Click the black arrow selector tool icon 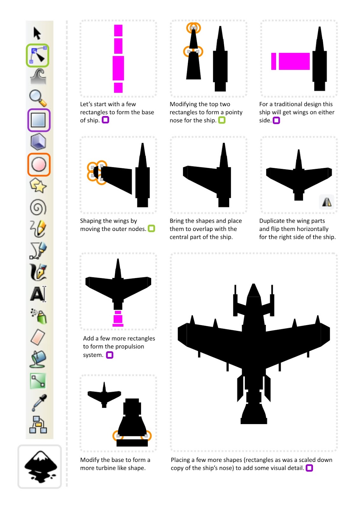click(37, 33)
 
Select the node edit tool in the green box click(38, 55)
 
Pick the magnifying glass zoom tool click(38, 98)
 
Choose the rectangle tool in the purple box click(38, 120)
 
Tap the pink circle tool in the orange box click(39, 164)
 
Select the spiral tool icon click(38, 207)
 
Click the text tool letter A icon click(38, 294)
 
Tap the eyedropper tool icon click(39, 402)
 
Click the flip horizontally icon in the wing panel click(327, 202)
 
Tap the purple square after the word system click(109, 355)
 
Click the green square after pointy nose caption click(222, 120)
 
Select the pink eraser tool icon click(38, 337)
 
